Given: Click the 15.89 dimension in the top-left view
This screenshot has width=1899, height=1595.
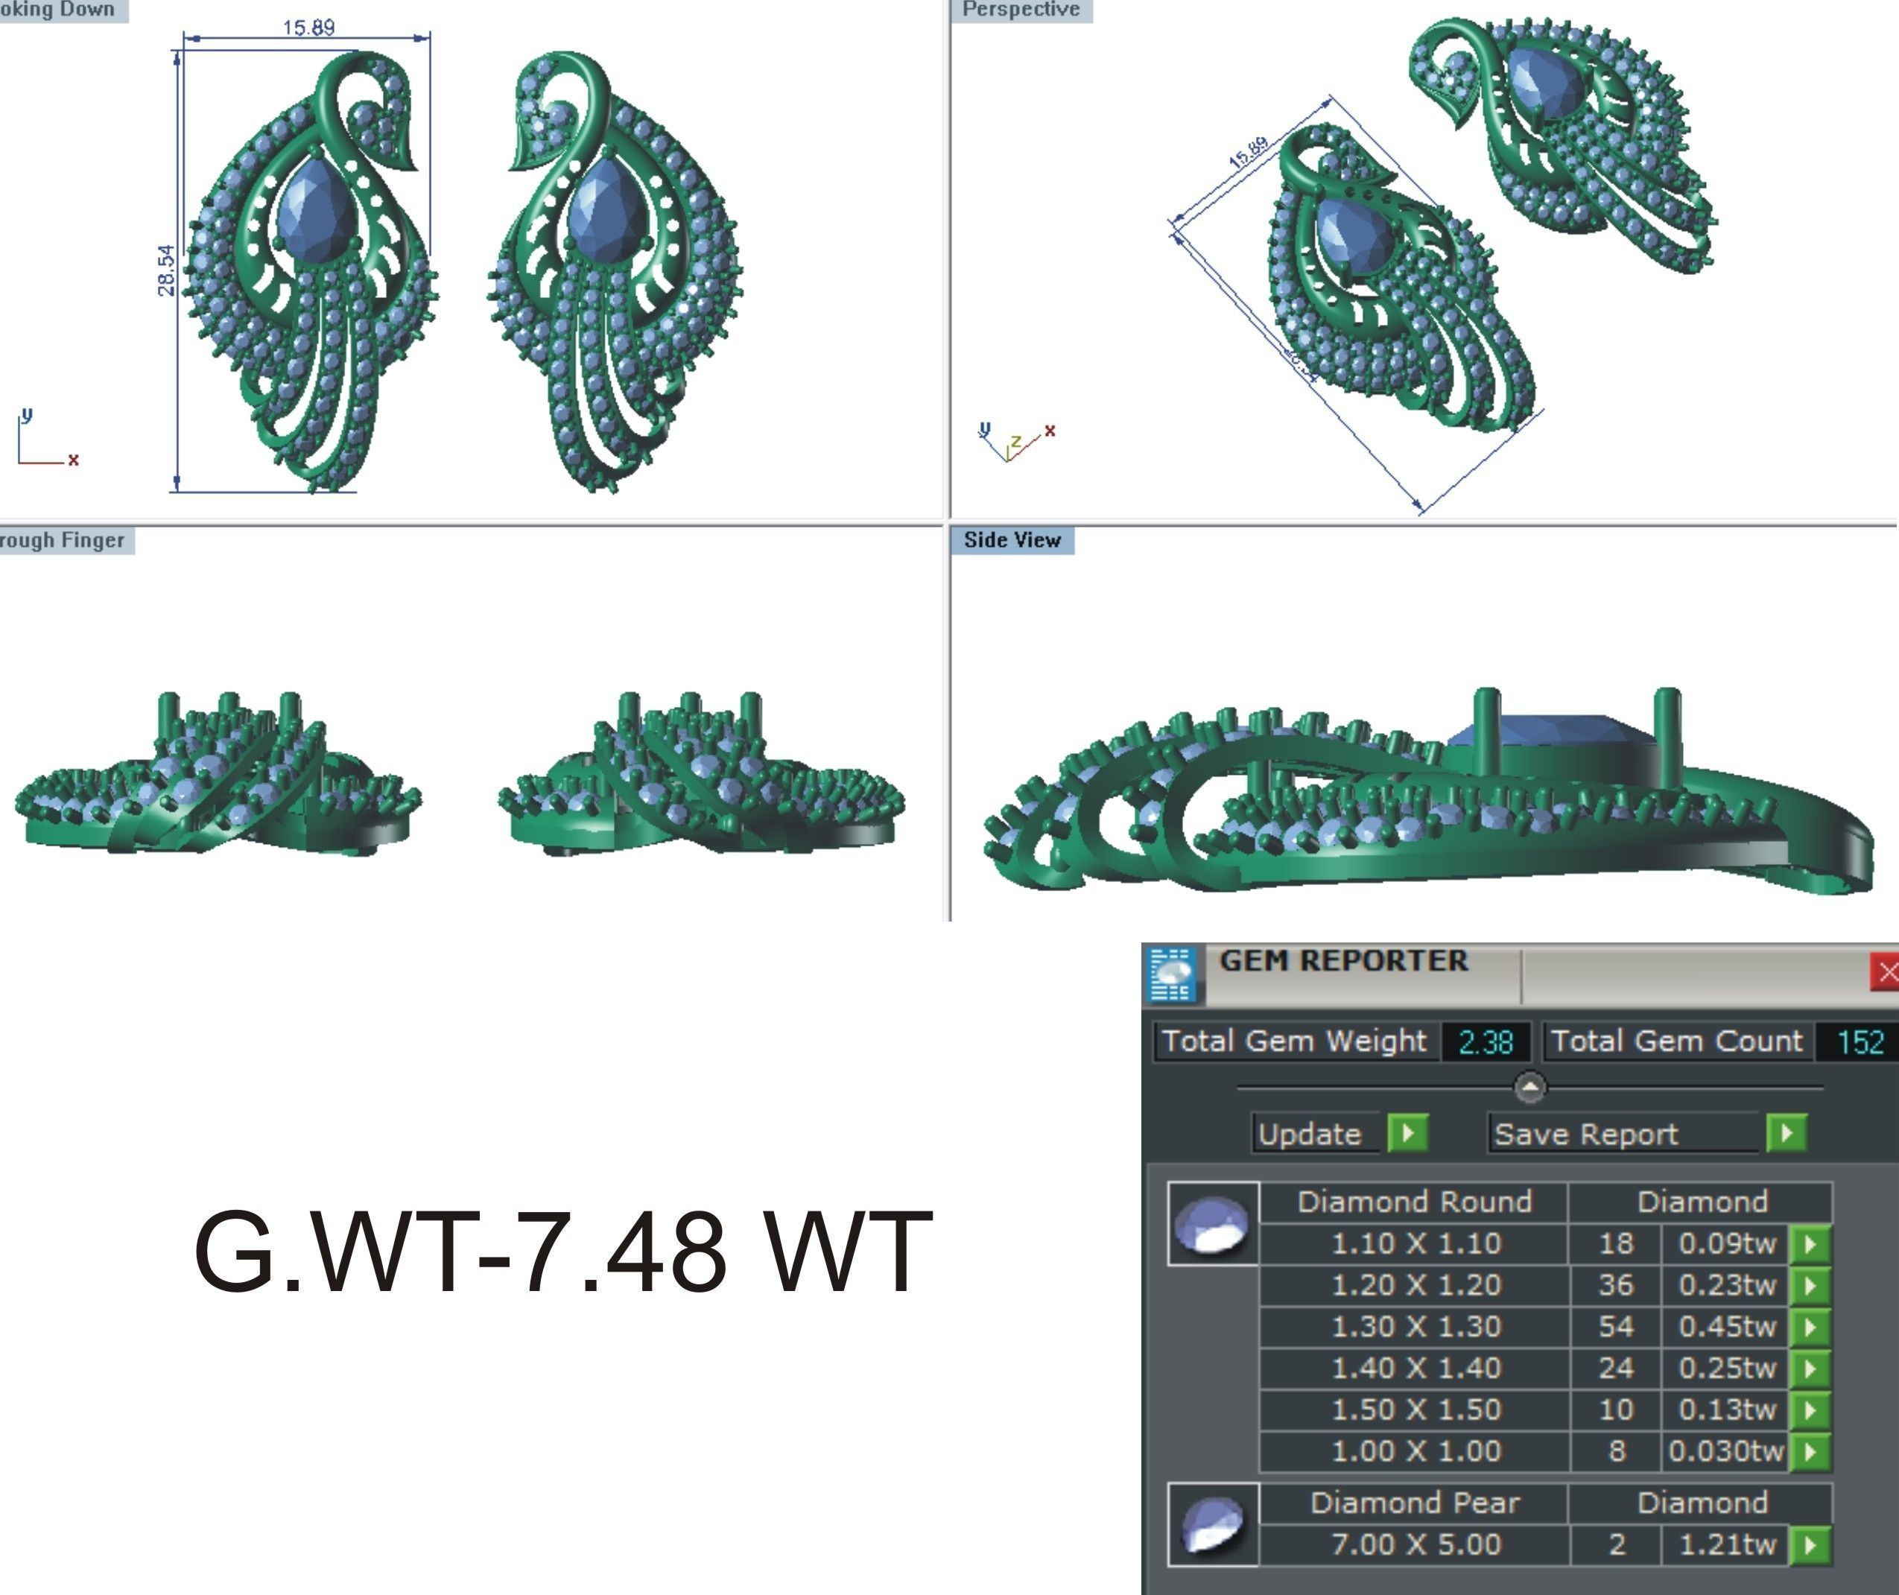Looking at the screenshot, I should click(308, 27).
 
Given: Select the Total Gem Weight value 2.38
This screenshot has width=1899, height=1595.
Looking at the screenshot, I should click(1485, 1041).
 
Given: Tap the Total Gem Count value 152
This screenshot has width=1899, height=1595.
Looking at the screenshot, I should click(1860, 1041).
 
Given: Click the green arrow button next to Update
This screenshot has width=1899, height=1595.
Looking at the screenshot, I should click(1408, 1133).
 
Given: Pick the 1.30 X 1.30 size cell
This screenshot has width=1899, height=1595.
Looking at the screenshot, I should click(1415, 1327).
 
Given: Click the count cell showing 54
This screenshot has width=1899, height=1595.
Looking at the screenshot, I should click(1615, 1327).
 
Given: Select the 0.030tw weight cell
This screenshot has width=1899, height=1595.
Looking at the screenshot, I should click(1725, 1451).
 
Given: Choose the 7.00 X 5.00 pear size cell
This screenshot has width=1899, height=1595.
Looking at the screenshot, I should click(1415, 1544).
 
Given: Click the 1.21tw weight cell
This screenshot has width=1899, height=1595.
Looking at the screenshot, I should click(1727, 1544).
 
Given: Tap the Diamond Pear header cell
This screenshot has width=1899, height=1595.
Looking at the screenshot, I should click(1415, 1503).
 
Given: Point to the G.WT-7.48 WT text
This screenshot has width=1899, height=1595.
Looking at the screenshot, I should click(562, 1252).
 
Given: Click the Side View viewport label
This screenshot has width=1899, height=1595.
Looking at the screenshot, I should click(1012, 540).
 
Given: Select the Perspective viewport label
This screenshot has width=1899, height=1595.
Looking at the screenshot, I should click(1021, 9).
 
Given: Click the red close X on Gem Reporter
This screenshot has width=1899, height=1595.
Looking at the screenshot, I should click(1887, 972).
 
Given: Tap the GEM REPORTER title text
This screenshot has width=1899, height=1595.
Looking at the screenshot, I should click(1343, 960).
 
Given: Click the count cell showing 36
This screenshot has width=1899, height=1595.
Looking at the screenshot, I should click(1615, 1285).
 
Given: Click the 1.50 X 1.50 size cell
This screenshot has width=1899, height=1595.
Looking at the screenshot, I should click(1415, 1410).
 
